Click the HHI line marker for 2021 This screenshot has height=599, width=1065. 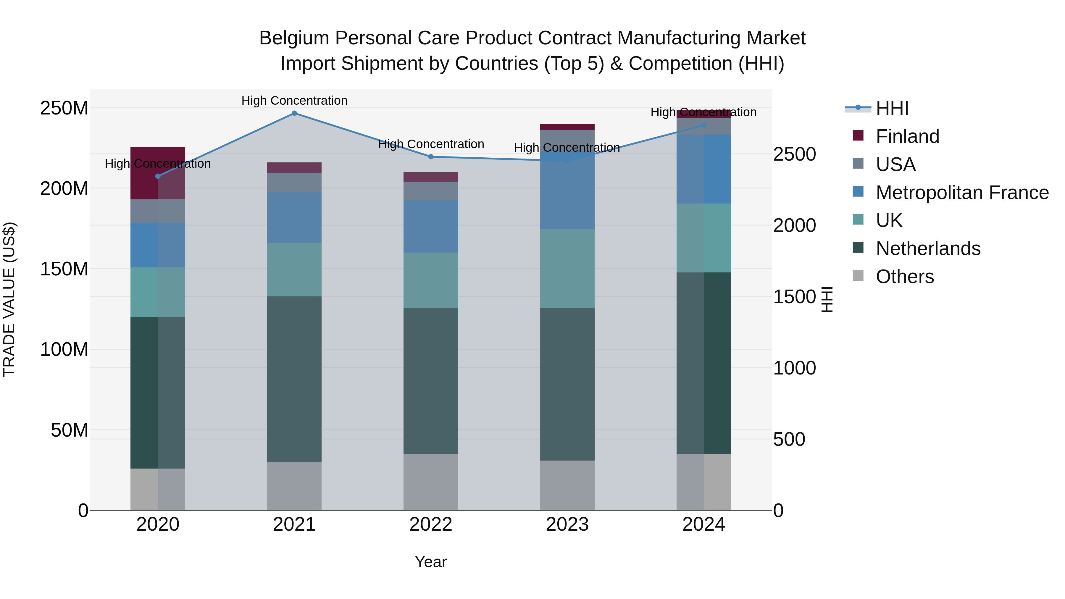294,113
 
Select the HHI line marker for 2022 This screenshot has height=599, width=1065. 430,157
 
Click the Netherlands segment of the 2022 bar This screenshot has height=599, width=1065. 430,380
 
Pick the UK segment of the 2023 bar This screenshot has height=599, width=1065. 567,268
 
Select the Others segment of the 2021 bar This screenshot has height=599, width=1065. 294,486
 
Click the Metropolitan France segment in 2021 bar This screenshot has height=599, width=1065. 294,217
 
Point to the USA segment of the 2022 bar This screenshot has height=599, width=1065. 430,190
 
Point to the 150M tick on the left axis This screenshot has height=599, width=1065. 64,269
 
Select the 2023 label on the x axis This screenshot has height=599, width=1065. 567,524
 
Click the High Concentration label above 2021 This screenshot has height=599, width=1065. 294,101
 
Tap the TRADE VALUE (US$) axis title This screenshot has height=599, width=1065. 9,299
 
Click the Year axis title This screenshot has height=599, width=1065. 430,562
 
